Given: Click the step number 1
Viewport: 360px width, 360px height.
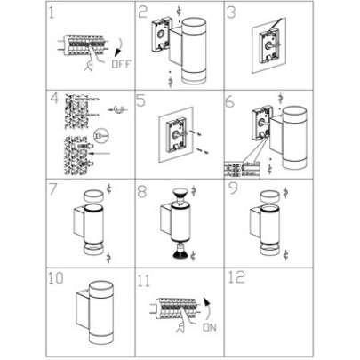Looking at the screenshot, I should (52, 14).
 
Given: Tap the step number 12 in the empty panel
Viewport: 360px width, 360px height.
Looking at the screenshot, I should (236, 277).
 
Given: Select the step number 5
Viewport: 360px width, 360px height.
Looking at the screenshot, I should (141, 100).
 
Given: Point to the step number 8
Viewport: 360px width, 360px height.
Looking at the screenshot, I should (141, 190).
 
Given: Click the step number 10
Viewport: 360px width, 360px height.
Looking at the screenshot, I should (56, 277).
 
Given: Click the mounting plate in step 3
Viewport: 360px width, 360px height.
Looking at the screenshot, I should (266, 45).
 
